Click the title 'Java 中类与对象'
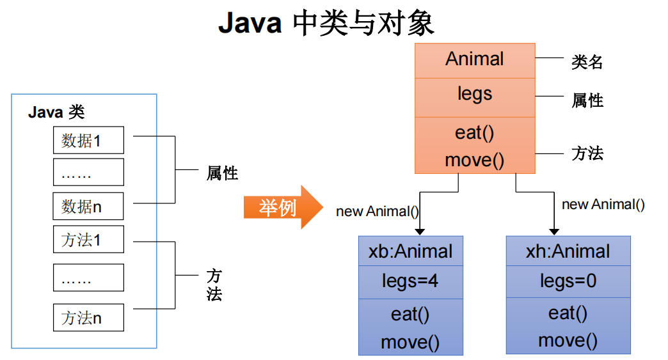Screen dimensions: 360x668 (326, 24)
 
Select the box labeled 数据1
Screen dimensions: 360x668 (88, 141)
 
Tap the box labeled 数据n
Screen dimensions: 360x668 (88, 207)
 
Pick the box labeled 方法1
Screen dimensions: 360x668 (88, 240)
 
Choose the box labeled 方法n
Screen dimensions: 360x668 (88, 317)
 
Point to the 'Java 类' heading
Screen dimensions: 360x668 (56, 113)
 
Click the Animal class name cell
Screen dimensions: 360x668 (475, 59)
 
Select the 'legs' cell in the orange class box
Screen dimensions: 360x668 (475, 94)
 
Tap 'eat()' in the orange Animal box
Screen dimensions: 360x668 (475, 133)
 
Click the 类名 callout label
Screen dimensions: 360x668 (587, 62)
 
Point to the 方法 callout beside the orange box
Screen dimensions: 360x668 (587, 153)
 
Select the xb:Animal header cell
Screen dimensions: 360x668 (410, 251)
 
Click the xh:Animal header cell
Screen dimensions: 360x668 (568, 251)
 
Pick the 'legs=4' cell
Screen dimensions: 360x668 (410, 281)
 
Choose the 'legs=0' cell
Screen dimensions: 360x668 (568, 281)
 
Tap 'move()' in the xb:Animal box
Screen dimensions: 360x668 (410, 342)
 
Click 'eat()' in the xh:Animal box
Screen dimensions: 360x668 (568, 313)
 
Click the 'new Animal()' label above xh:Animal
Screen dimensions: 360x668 (603, 205)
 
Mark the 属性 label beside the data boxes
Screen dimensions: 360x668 (222, 173)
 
